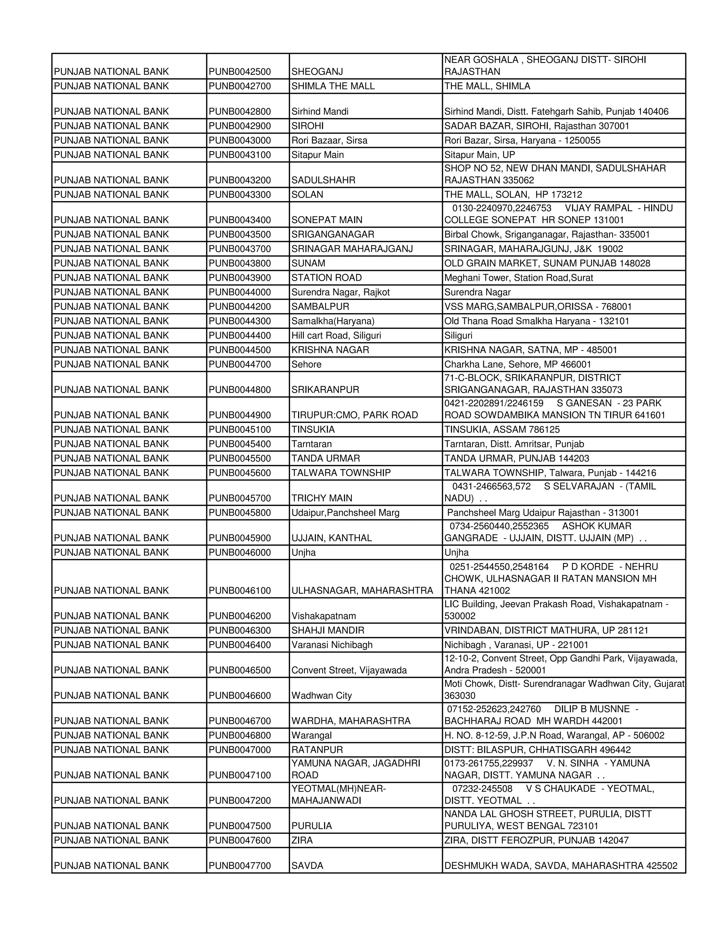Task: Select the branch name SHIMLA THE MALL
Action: [333, 86]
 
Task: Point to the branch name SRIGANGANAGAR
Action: [332, 234]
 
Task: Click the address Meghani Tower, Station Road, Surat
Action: [518, 278]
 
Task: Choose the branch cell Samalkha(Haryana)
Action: [332, 321]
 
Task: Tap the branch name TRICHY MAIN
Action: [322, 498]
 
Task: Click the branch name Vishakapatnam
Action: [323, 616]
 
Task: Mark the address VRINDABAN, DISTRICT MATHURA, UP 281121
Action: [546, 630]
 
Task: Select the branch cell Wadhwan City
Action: [321, 695]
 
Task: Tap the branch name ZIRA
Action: [302, 840]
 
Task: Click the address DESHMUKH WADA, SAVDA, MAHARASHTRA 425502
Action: [560, 866]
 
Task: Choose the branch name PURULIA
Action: [311, 826]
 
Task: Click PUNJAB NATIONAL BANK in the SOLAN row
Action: [111, 194]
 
